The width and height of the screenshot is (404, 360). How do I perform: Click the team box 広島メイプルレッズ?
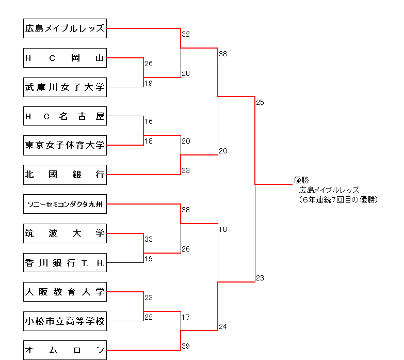coord(65,29)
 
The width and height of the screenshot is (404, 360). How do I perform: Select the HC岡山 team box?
coord(65,58)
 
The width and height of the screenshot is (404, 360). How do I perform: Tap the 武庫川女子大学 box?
coord(65,87)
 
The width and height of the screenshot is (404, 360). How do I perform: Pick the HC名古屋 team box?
coord(65,116)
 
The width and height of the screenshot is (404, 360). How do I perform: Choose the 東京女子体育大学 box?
coord(65,145)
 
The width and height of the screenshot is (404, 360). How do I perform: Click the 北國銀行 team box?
coord(65,175)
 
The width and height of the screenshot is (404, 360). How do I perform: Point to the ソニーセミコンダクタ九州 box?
coord(65,204)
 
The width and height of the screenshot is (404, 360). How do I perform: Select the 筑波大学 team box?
coord(65,233)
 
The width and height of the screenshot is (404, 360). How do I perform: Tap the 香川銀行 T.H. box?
coord(65,262)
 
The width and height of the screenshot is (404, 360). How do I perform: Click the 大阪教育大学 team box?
coord(65,292)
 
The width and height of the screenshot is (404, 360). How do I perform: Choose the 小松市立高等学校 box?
coord(65,321)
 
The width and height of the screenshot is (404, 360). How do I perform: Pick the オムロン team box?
coord(65,350)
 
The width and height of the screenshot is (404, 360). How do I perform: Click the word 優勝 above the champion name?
coord(301,180)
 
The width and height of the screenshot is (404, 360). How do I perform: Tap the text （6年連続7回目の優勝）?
coord(338,199)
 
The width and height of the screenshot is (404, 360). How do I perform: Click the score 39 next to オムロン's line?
coord(186,346)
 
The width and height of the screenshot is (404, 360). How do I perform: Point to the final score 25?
coord(260,102)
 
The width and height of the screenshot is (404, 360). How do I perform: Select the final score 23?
coord(260,278)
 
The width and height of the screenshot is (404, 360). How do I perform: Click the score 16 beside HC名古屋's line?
coord(149,121)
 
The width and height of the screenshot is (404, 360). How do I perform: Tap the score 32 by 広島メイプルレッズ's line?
coord(186,34)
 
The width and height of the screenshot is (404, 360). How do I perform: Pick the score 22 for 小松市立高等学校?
coord(149,317)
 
